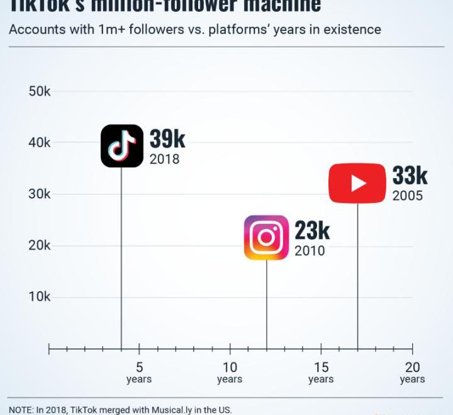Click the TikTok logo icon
(122, 146)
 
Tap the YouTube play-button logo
(357, 183)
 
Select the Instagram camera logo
(266, 238)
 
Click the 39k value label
(167, 139)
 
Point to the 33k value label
(410, 175)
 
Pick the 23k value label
(312, 231)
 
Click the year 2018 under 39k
(164, 159)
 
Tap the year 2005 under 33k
(408, 196)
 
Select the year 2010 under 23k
(310, 251)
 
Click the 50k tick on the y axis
(40, 91)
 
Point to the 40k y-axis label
(40, 143)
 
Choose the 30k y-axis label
(40, 194)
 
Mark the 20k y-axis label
(40, 245)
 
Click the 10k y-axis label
(40, 297)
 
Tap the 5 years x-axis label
(139, 372)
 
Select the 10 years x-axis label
(230, 372)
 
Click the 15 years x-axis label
(321, 372)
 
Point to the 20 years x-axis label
(412, 372)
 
